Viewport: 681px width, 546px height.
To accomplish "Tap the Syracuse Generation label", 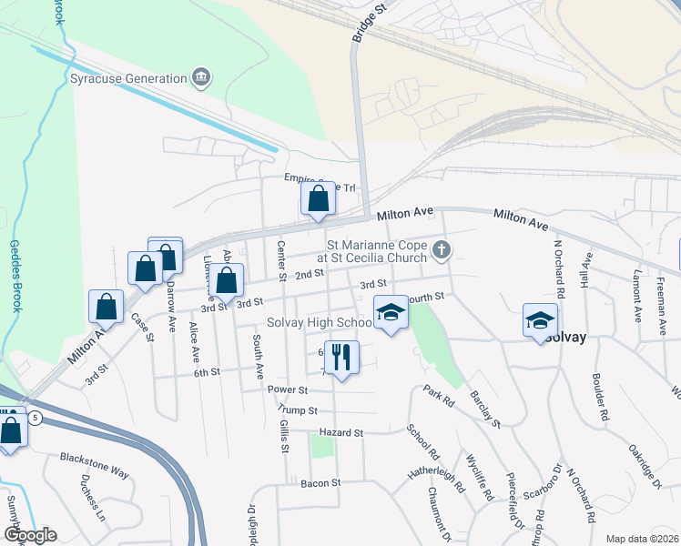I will coord(128,78).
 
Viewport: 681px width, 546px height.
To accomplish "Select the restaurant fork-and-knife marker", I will coord(342,356).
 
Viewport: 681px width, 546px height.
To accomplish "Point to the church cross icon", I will coord(441,250).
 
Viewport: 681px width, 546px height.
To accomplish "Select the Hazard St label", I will coord(341,433).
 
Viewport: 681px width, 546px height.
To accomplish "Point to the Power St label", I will coord(289,389).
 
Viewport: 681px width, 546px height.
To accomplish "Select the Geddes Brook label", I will coord(15,276).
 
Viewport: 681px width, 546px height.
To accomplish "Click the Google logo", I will coord(30,535).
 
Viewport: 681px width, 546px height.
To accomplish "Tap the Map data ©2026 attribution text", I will coord(642,539).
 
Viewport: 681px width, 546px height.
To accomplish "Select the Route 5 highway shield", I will coord(35,418).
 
